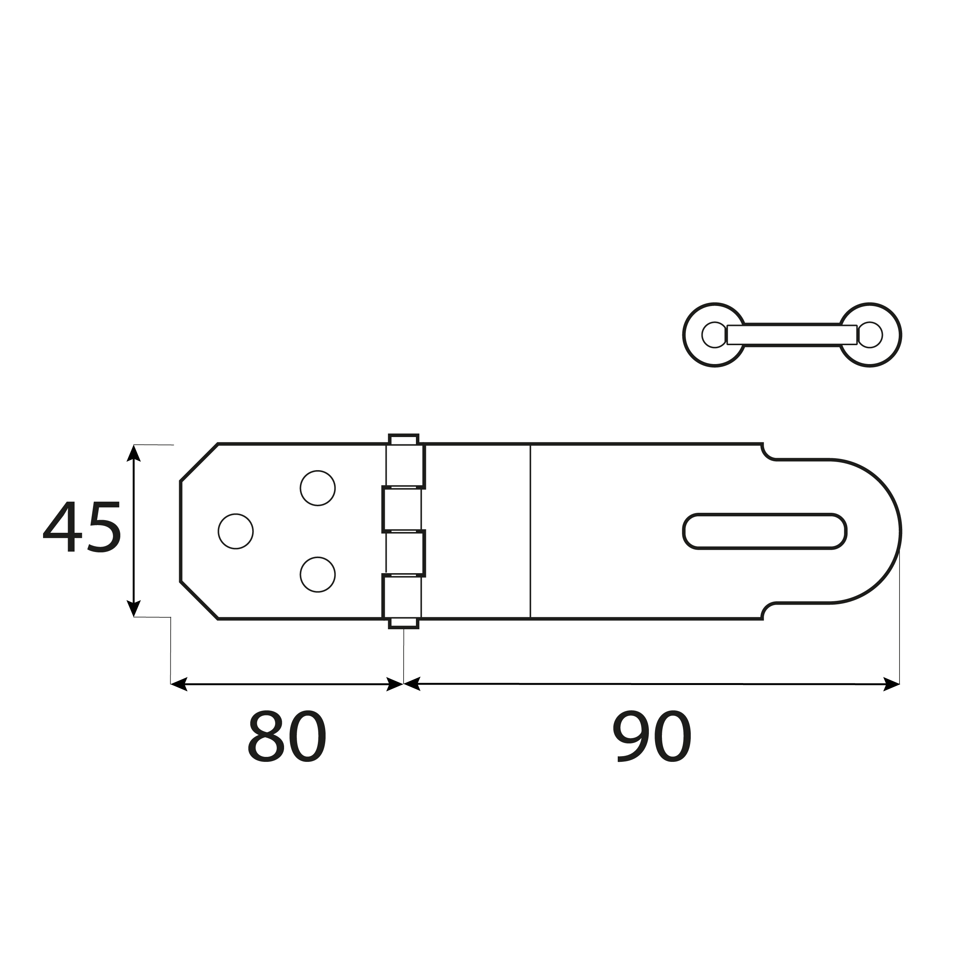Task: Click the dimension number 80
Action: (287, 737)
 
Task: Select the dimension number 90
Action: (652, 737)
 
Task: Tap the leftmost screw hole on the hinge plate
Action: (236, 531)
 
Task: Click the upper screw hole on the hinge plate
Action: (318, 488)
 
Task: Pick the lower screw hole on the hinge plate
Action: (318, 575)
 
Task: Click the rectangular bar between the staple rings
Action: (792, 335)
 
